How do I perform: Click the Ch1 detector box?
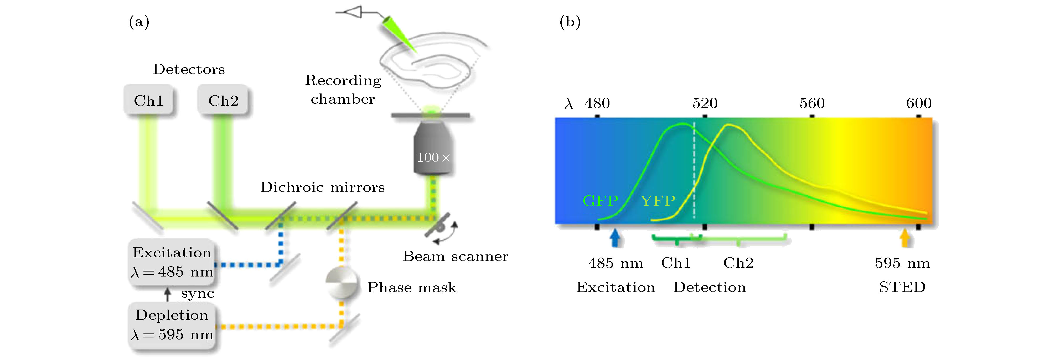(x=148, y=100)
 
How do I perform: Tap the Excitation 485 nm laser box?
(x=172, y=262)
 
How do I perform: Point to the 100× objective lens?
(x=433, y=152)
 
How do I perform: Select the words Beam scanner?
(x=456, y=256)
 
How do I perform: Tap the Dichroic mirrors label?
(x=322, y=187)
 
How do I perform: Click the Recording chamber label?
(x=343, y=89)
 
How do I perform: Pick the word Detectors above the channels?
(x=189, y=69)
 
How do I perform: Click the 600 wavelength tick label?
(x=919, y=103)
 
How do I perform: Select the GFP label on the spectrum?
(x=600, y=201)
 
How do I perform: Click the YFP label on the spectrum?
(x=657, y=201)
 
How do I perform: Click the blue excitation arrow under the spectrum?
(x=615, y=238)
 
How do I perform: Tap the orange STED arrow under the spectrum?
(x=905, y=238)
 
